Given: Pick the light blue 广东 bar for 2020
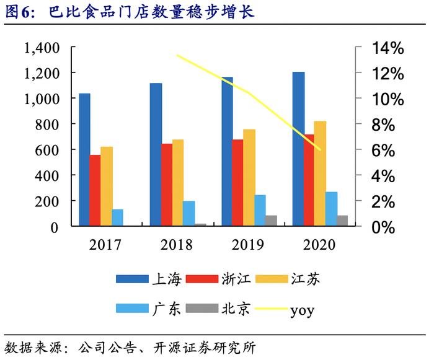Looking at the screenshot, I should point(332,209).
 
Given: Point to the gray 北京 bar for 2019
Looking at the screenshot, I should point(271,221).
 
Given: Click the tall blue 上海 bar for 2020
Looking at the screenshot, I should point(299,149).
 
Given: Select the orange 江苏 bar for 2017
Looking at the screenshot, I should point(107,187).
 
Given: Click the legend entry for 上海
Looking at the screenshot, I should point(148,279).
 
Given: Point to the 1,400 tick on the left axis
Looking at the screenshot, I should point(42,48).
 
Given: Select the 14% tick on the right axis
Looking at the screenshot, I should point(387,48).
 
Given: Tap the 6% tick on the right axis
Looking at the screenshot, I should point(384,150).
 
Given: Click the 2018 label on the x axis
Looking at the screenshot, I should point(177,244).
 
